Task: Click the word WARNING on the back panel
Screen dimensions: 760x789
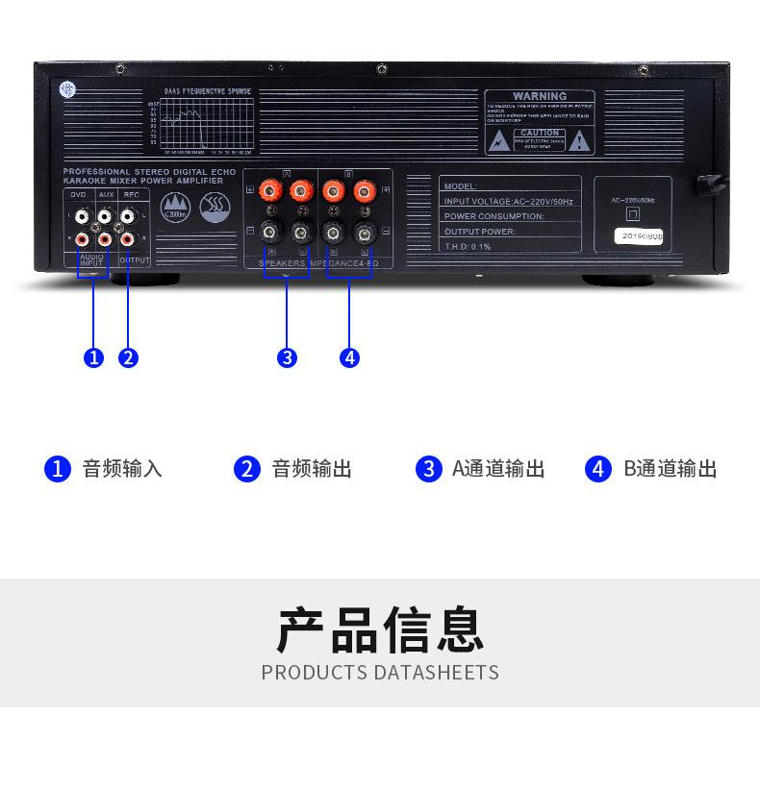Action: coord(540,97)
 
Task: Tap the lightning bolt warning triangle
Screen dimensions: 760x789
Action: coord(498,141)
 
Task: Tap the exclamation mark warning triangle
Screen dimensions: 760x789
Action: coord(578,141)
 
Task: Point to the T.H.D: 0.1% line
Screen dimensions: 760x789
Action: coord(468,247)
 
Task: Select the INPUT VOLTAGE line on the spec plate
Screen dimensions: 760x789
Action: coord(508,202)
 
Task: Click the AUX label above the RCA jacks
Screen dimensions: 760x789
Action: coord(106,195)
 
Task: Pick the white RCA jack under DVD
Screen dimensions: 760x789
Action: coord(82,218)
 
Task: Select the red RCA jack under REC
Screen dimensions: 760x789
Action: coord(126,238)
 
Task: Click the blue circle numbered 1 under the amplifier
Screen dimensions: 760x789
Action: coord(93,358)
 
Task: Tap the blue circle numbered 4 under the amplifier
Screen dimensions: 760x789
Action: coord(349,358)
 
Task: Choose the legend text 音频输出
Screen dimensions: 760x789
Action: coord(312,469)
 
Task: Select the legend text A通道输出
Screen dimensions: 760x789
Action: coord(498,469)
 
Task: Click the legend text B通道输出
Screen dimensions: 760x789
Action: coord(670,469)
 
